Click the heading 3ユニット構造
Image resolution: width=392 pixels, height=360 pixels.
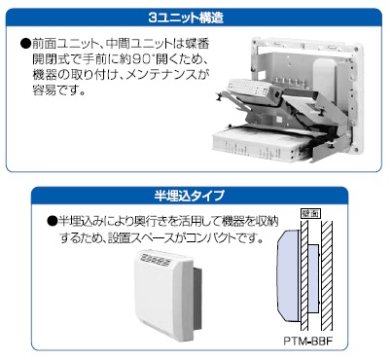point(186,18)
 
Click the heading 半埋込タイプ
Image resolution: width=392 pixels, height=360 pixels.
point(190,196)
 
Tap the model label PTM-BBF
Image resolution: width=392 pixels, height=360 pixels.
point(308,342)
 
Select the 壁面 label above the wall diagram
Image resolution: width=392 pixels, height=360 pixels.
point(310,213)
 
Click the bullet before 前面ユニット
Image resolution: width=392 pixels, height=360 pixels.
point(25,43)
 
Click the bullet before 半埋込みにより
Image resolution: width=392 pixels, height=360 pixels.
point(53,221)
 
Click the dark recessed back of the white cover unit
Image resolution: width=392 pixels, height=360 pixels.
point(197,298)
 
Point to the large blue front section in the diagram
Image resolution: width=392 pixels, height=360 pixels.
point(288,275)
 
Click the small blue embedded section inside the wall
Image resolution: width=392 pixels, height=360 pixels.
point(313,278)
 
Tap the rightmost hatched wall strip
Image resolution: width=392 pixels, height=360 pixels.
point(327,275)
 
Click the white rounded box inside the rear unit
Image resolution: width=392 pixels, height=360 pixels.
point(324,74)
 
